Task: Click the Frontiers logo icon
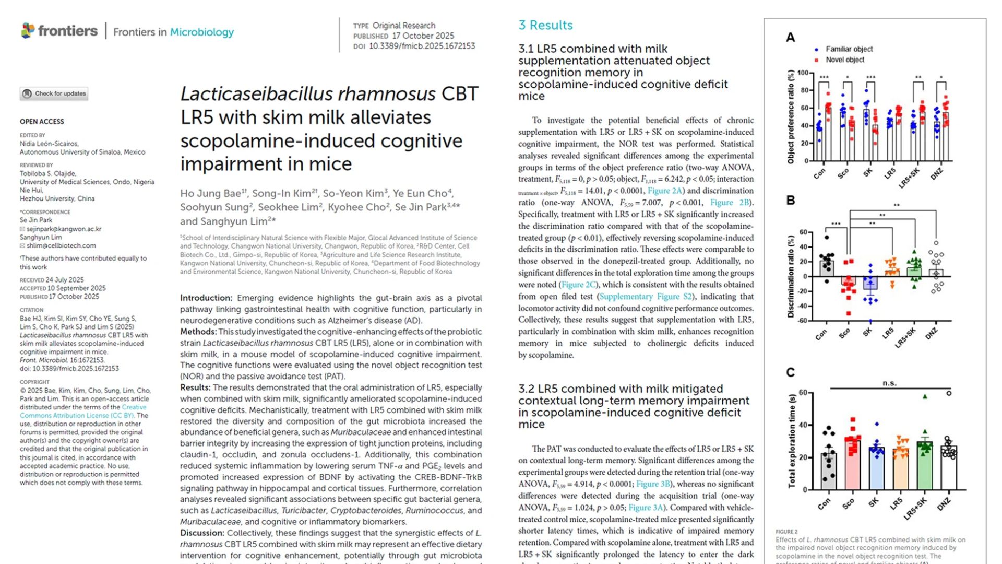(x=28, y=31)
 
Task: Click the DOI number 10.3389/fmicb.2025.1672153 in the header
(x=422, y=46)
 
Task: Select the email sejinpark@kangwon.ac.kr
(x=64, y=229)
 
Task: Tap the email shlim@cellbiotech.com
(x=61, y=245)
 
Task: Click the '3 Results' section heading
(x=545, y=25)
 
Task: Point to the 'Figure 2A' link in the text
(x=664, y=191)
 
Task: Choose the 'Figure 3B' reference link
(x=653, y=484)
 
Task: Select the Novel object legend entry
(x=844, y=60)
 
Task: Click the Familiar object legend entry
(x=849, y=49)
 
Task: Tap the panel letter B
(x=791, y=201)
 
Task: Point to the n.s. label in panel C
(x=889, y=383)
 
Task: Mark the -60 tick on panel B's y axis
(x=802, y=321)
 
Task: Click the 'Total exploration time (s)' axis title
(x=792, y=441)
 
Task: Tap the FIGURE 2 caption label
(x=786, y=532)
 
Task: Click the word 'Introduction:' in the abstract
(x=206, y=298)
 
